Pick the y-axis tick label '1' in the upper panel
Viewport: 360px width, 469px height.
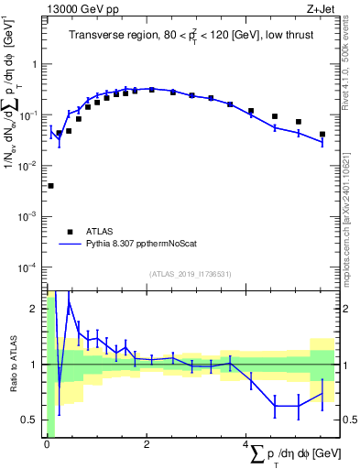35,65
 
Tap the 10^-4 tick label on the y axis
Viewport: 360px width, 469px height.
29,267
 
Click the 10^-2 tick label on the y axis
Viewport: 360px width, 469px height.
29,166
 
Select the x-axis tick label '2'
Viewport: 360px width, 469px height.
147,444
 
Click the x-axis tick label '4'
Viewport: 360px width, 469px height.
246,444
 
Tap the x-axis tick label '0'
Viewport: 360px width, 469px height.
46,444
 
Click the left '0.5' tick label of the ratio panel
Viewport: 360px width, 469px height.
29,420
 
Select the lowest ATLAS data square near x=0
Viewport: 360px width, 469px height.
50,186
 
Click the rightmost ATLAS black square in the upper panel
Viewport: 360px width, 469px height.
322,135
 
